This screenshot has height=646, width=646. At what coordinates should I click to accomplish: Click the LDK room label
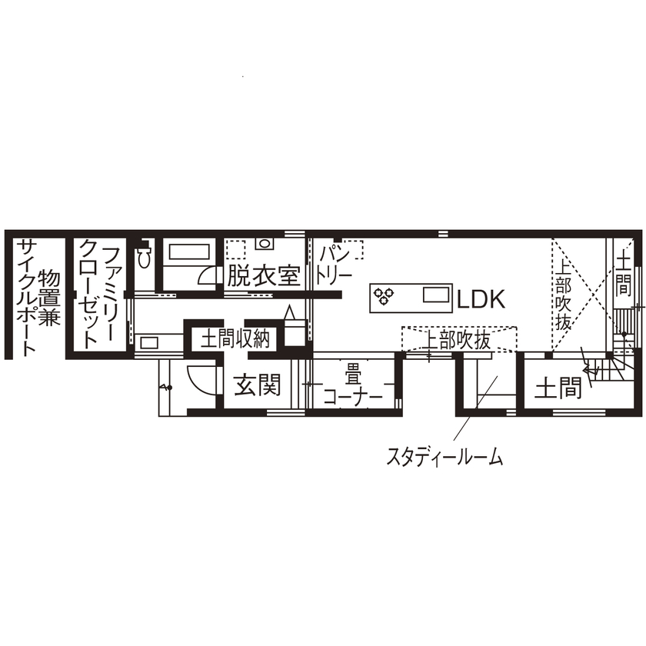pos(481,299)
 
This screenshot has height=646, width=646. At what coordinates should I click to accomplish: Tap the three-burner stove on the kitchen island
pos(383,294)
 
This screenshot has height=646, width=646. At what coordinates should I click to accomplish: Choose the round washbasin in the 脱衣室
pos(265,245)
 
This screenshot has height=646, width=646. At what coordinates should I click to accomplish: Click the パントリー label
pos(335,263)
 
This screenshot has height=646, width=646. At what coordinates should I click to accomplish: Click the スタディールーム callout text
pos(444,458)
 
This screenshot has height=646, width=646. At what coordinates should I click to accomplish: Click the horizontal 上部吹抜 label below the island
pos(458,341)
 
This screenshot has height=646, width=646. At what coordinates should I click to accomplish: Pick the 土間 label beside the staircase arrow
pos(558,387)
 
